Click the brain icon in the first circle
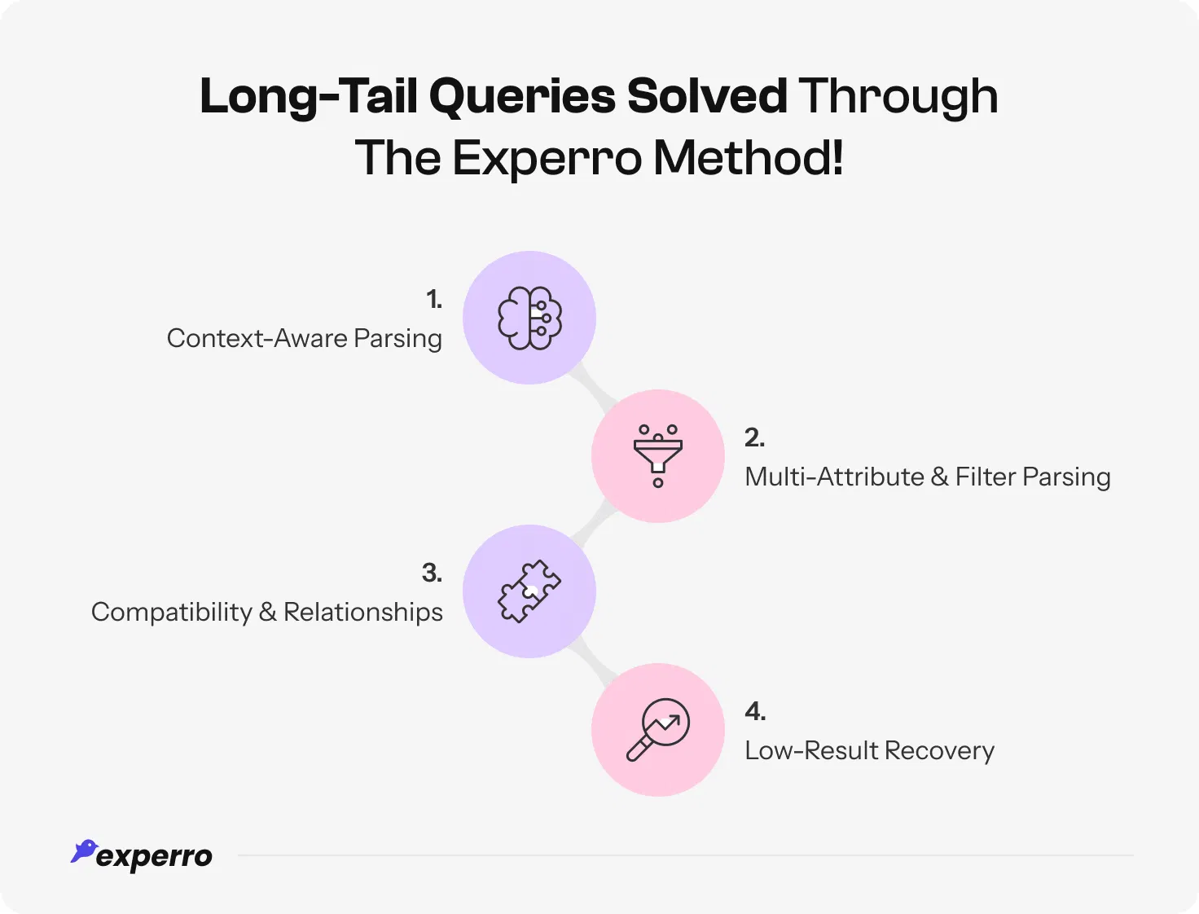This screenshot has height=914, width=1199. (529, 318)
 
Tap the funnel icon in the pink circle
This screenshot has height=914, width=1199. (658, 455)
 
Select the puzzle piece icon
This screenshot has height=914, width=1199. (529, 591)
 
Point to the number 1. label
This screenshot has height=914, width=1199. (434, 300)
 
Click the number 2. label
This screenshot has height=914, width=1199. (754, 437)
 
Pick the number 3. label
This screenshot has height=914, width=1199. (432, 573)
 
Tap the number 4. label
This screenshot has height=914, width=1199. (755, 711)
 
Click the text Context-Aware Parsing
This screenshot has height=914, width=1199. (304, 338)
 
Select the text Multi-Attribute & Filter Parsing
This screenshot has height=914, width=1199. (927, 477)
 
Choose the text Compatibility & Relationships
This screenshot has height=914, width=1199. (266, 612)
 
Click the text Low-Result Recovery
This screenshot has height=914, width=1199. (869, 750)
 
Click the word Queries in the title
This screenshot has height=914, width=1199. (522, 97)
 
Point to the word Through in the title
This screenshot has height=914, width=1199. (898, 97)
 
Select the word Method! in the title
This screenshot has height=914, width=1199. (748, 157)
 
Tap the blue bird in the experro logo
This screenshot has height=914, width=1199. (84, 851)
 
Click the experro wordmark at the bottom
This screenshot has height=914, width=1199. (154, 857)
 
